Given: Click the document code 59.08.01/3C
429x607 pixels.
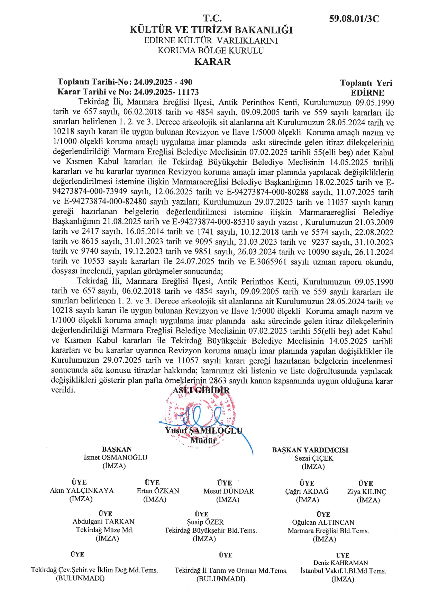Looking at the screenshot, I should point(354,19).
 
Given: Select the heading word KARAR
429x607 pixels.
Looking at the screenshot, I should point(212,62).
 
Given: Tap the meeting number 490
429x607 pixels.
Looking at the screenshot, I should point(186,82).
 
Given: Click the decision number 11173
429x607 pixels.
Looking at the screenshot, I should point(188,92).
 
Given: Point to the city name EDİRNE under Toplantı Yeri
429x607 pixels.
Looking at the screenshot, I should point(367,93).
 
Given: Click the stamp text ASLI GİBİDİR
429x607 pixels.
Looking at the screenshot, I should point(201,390).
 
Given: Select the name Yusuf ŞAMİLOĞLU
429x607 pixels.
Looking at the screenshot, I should point(203,431).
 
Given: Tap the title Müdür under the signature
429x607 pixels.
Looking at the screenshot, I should point(203,441).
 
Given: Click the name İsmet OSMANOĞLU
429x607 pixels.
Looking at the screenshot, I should point(116,457).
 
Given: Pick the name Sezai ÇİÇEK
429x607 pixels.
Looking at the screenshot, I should point(314,458).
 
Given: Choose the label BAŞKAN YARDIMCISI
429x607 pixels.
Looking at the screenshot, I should point(310,450).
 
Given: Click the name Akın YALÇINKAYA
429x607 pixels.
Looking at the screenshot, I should point(82,490).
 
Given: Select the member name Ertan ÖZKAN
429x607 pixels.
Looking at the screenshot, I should point(158,491).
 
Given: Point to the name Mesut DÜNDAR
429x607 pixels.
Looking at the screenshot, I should point(228,491).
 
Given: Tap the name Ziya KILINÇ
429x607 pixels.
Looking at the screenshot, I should point(367,492).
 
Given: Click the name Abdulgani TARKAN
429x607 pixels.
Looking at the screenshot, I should point(103,522).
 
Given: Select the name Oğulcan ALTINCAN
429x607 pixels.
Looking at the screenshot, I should point(323,523).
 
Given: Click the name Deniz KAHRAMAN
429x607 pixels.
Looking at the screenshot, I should point(340,563).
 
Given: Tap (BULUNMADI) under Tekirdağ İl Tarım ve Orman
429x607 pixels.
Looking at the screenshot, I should point(221,579).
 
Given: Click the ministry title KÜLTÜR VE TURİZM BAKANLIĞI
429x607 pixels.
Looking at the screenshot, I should point(211,30).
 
